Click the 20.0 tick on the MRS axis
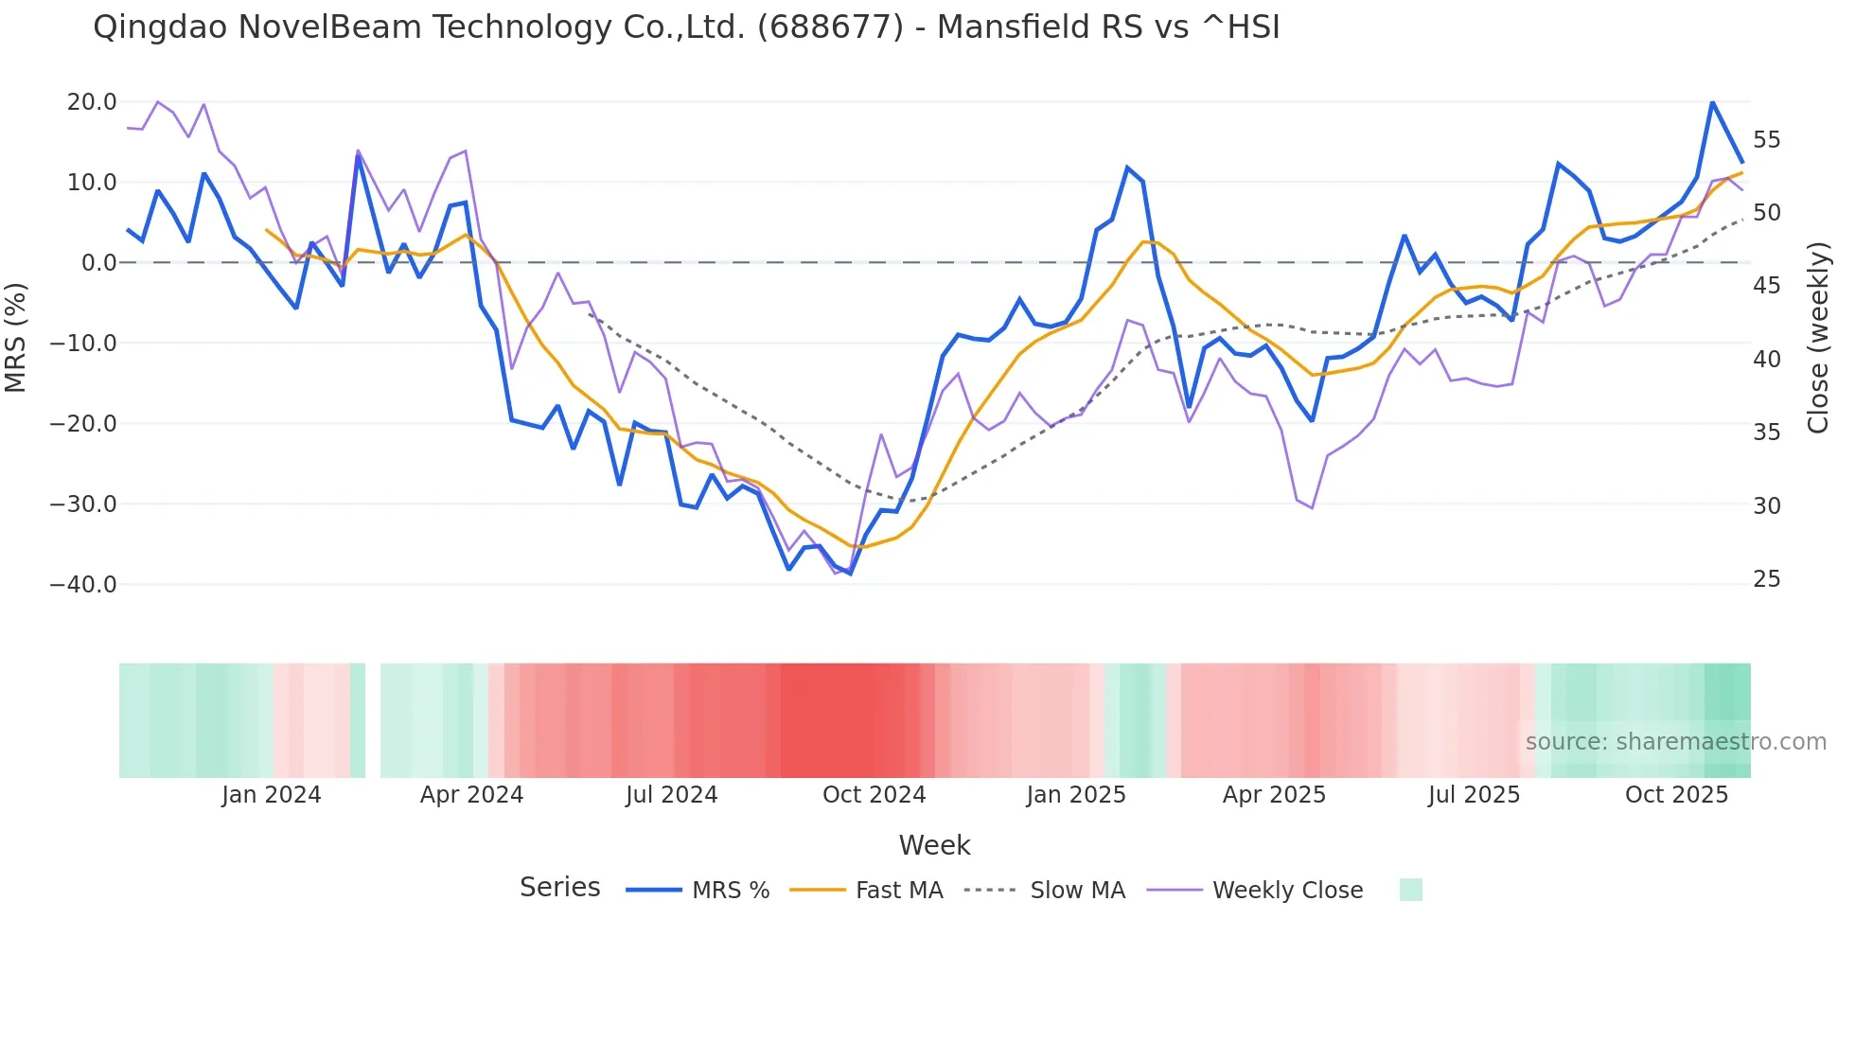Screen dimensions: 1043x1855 (91, 102)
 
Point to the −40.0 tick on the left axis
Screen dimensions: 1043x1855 (83, 585)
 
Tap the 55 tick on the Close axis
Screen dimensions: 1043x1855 (1766, 140)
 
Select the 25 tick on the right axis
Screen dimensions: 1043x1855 (1766, 579)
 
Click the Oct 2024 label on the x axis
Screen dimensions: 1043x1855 (874, 795)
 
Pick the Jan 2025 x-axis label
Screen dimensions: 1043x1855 (1076, 795)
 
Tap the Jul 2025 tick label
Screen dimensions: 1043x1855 (1474, 795)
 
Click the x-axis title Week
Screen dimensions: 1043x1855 (934, 845)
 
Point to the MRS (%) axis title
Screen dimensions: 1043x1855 (16, 338)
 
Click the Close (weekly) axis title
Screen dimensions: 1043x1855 (1817, 338)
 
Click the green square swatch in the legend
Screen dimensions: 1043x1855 (1410, 890)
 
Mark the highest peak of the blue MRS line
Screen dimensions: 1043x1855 (1712, 101)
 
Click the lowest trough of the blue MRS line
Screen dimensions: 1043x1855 (850, 574)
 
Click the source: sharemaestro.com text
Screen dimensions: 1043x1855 (1675, 742)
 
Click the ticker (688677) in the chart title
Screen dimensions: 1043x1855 (830, 27)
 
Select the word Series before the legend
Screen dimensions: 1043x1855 (559, 888)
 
